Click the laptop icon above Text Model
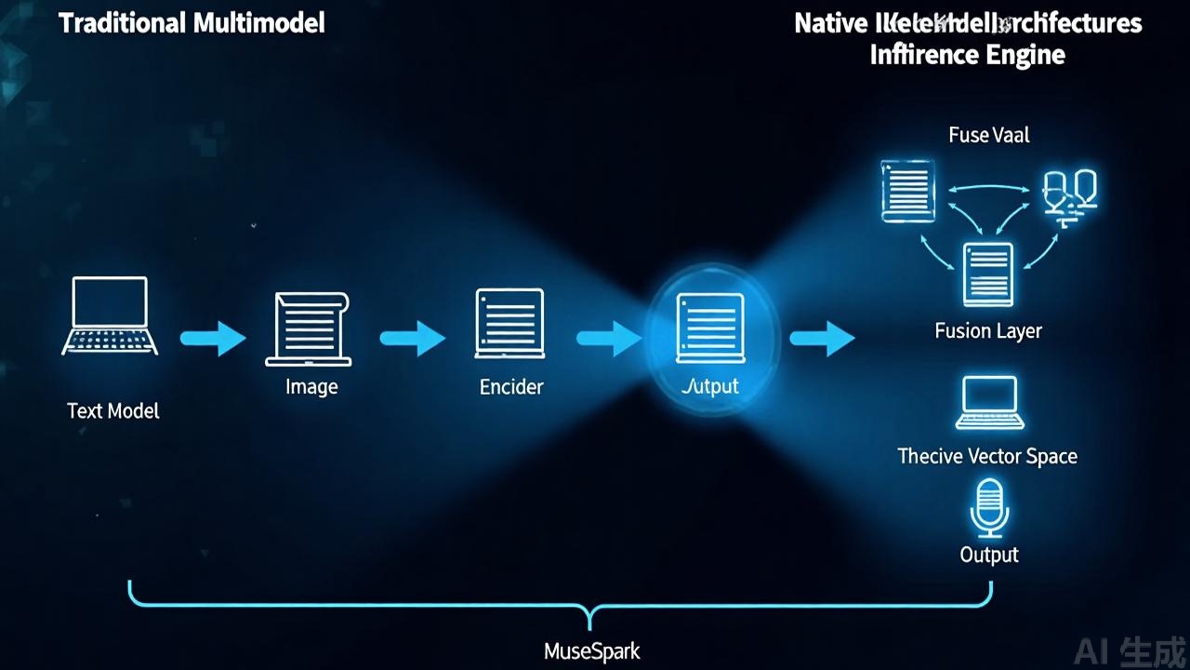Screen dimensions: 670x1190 (110, 315)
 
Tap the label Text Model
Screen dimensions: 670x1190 (113, 410)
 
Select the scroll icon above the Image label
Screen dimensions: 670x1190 (309, 328)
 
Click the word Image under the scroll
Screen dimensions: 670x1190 (311, 386)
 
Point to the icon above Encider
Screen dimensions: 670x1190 (509, 323)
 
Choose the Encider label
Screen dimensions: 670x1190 (511, 386)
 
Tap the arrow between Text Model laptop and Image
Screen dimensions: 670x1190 (212, 339)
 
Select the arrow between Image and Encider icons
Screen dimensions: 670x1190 (412, 339)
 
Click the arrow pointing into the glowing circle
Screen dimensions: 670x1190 (609, 339)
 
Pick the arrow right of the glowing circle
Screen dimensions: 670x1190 (822, 339)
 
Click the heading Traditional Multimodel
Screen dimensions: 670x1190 (192, 23)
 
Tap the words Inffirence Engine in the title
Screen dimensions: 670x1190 (967, 54)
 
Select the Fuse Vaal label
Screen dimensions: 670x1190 (989, 135)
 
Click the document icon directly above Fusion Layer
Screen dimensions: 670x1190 (987, 274)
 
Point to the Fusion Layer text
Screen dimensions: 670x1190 (988, 330)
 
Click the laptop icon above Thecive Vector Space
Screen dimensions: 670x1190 (988, 403)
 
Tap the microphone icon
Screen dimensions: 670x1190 (988, 507)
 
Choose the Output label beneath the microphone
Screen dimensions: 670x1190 (989, 555)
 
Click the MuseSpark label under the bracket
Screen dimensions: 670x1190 (591, 650)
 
